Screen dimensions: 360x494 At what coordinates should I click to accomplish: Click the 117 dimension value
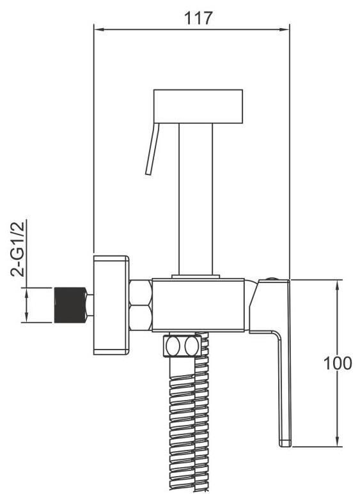(x=198, y=18)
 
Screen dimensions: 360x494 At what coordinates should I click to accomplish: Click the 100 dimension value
(x=338, y=363)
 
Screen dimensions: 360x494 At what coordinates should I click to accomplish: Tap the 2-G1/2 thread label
(x=18, y=249)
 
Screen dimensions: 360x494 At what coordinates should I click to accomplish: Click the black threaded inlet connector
(x=70, y=305)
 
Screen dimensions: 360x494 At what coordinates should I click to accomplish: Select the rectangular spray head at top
(x=198, y=107)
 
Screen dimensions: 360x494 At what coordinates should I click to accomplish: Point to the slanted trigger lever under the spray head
(x=153, y=149)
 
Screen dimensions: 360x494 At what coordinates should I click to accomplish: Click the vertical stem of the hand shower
(x=196, y=199)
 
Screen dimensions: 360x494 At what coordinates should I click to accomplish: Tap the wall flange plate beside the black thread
(x=111, y=305)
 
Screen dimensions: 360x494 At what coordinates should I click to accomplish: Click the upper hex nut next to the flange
(x=141, y=292)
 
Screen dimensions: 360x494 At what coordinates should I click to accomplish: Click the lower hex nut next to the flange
(x=141, y=318)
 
